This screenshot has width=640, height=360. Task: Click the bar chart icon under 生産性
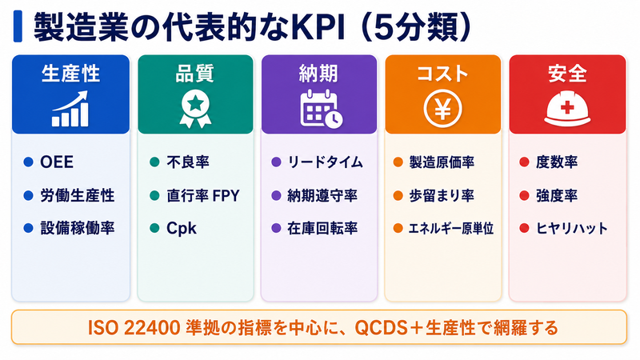[70, 109]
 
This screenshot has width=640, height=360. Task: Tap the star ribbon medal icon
[195, 109]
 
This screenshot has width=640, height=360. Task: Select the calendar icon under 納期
[322, 109]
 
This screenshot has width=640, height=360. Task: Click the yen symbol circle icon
[443, 109]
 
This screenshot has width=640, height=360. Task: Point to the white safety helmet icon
[567, 109]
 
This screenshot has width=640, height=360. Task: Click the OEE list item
[57, 162]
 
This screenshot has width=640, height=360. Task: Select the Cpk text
[182, 228]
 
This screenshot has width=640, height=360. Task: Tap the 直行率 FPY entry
[203, 195]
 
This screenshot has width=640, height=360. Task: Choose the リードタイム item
[326, 162]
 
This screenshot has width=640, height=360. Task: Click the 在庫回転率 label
[322, 228]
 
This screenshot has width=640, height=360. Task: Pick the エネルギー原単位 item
[451, 228]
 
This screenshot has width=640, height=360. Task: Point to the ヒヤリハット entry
[572, 228]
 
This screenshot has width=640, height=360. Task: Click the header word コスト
[442, 74]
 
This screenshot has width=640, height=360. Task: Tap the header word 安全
[567, 74]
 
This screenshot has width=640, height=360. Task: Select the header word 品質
[194, 74]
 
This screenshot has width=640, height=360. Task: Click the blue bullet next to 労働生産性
[28, 195]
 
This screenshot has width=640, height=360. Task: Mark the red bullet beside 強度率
[524, 195]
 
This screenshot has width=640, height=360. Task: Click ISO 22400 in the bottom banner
[134, 328]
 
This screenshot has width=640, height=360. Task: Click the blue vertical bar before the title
[18, 26]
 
